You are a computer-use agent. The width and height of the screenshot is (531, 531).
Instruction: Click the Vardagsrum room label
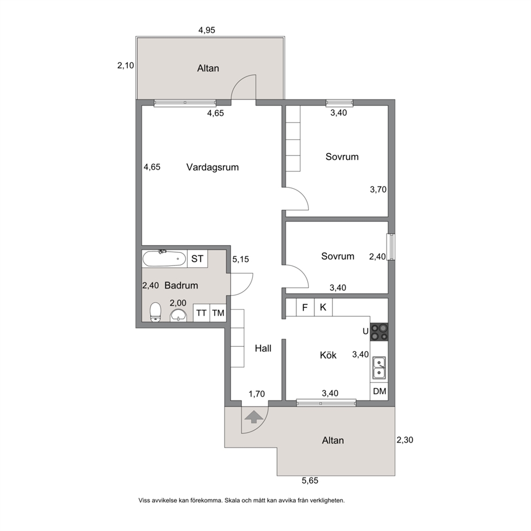pyautogui.click(x=213, y=168)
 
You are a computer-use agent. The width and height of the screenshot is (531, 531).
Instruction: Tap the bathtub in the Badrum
pyautogui.click(x=164, y=259)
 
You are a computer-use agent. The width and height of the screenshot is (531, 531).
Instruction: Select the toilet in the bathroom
pyautogui.click(x=155, y=312)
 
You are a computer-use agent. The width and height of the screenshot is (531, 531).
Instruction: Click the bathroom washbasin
pyautogui.click(x=178, y=315)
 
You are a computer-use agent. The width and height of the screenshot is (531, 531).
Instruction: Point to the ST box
pyautogui.click(x=198, y=259)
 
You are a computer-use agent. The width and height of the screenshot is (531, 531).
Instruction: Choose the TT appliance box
pyautogui.click(x=201, y=313)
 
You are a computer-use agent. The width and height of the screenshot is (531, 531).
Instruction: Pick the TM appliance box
pyautogui.click(x=218, y=313)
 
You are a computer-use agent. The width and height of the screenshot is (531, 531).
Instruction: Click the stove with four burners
pyautogui.click(x=380, y=332)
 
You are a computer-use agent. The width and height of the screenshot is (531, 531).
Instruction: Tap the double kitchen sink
pyautogui.click(x=380, y=368)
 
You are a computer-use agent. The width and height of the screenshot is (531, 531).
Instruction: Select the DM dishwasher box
pyautogui.click(x=380, y=391)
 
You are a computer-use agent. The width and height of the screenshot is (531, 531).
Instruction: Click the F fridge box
pyautogui.click(x=305, y=307)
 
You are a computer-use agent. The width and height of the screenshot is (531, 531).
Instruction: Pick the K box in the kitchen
pyautogui.click(x=323, y=307)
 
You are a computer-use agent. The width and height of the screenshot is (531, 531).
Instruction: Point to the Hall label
pyautogui.click(x=263, y=348)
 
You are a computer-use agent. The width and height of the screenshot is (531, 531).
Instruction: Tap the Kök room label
pyautogui.click(x=328, y=355)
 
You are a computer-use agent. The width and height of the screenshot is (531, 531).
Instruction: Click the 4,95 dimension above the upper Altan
pyautogui.click(x=207, y=30)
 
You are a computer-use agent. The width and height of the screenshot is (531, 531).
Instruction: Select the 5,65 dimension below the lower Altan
pyautogui.click(x=310, y=481)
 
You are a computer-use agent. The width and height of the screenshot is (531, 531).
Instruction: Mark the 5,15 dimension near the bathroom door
pyautogui.click(x=240, y=260)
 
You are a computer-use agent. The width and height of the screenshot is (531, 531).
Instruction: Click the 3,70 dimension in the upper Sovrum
pyautogui.click(x=378, y=189)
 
